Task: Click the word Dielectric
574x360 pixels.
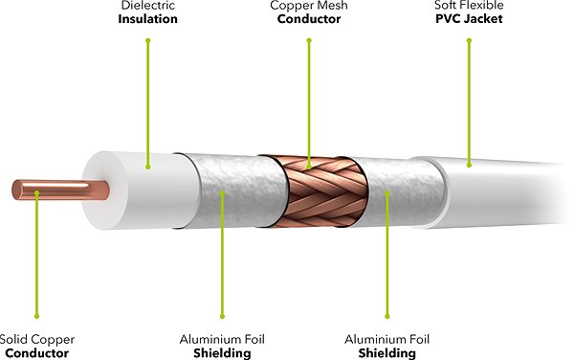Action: [x=148, y=6]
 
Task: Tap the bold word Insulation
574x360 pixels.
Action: [x=148, y=19]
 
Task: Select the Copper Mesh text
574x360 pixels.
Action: [x=309, y=6]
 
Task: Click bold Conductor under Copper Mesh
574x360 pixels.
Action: [x=309, y=19]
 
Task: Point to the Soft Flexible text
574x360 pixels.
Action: [x=470, y=6]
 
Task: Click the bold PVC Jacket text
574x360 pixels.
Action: [x=470, y=19]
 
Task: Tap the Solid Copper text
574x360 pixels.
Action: [x=37, y=339]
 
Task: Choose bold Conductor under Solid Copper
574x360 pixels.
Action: [x=37, y=352]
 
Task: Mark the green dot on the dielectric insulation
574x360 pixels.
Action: [x=148, y=165]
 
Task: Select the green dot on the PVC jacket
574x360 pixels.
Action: [x=470, y=165]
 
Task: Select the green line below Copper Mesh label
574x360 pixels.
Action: [x=309, y=96]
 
